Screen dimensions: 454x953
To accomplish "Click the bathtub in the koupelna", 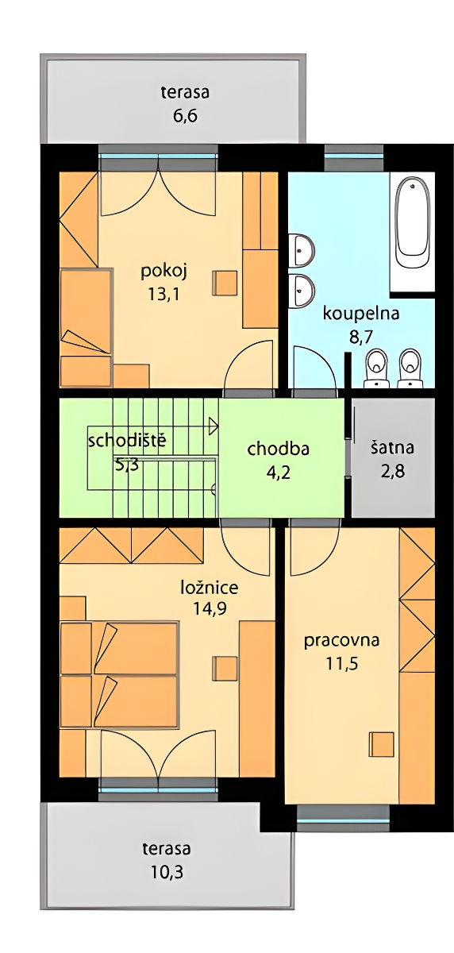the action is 411,222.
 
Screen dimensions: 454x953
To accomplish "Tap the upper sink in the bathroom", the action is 302,250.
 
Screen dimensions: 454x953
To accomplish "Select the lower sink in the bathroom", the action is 302,290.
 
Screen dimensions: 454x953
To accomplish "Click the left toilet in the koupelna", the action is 377,368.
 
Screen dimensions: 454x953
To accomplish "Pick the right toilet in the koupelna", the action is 410,368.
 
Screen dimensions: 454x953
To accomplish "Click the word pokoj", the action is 164,272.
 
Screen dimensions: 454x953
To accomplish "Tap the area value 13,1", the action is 164,294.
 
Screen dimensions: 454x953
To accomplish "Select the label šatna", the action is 392,448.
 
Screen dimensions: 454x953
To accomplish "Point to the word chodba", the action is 279,449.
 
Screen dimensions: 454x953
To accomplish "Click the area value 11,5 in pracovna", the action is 342,663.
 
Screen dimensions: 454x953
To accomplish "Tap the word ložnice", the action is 210,588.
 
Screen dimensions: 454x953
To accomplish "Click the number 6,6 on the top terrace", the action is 186,116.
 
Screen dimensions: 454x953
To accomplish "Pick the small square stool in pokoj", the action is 225,283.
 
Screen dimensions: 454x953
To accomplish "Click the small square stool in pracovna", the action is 381,744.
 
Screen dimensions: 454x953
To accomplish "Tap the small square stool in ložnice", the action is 225,669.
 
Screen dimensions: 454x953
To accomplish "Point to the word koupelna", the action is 361,314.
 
